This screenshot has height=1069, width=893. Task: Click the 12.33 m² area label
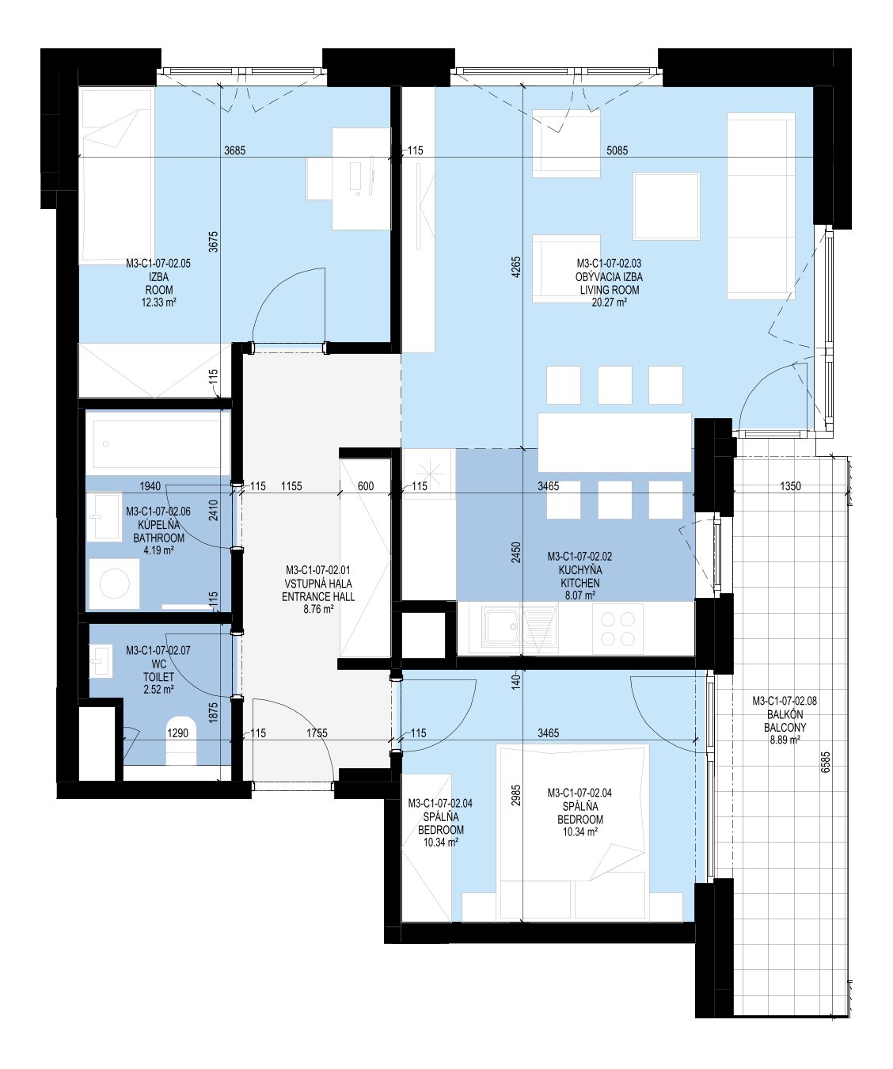pyautogui.click(x=159, y=302)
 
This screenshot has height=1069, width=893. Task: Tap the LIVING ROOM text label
pyautogui.click(x=609, y=290)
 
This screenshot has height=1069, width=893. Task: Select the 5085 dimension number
pyautogui.click(x=617, y=150)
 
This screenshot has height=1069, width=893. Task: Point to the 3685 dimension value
pyautogui.click(x=235, y=150)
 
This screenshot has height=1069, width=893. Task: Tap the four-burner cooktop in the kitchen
pyautogui.click(x=617, y=630)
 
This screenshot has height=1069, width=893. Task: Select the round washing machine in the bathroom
pyautogui.click(x=114, y=584)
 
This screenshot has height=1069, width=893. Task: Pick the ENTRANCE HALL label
pyautogui.click(x=318, y=596)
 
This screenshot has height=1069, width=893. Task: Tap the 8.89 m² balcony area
pyautogui.click(x=785, y=740)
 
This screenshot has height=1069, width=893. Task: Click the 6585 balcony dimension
pyautogui.click(x=825, y=762)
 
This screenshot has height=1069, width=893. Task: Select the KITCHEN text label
pyautogui.click(x=580, y=583)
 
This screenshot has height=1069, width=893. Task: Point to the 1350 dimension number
pyautogui.click(x=790, y=486)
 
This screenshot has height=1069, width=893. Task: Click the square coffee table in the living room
pyautogui.click(x=666, y=207)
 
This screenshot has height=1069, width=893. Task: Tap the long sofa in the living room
pyautogui.click(x=761, y=206)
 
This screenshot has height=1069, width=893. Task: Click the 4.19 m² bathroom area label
pyautogui.click(x=159, y=551)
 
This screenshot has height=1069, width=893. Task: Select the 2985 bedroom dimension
pyautogui.click(x=516, y=796)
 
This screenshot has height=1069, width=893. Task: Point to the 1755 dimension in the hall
pyautogui.click(x=317, y=733)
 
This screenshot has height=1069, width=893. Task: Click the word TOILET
pyautogui.click(x=159, y=677)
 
